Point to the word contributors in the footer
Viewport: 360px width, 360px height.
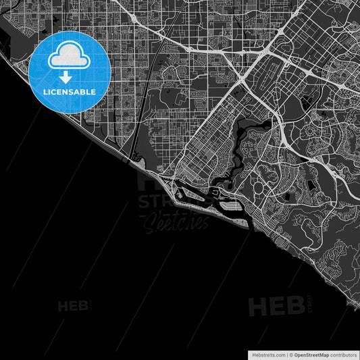(342, 353)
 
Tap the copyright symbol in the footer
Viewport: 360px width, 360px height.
(290, 353)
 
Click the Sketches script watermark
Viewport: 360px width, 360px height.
(174, 221)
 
